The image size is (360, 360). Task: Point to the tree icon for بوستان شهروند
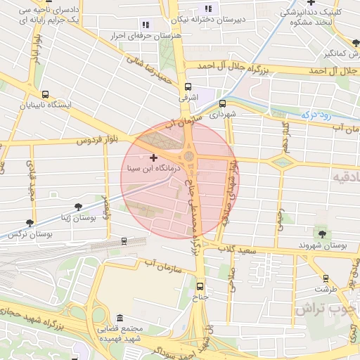tap(323, 233)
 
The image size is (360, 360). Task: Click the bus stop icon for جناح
tap(201, 287)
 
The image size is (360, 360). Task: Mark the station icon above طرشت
tap(326, 277)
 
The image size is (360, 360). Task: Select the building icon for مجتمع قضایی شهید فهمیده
tap(119, 318)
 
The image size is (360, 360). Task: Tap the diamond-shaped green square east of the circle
tap(282, 162)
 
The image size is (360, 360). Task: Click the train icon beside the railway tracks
tap(124, 241)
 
